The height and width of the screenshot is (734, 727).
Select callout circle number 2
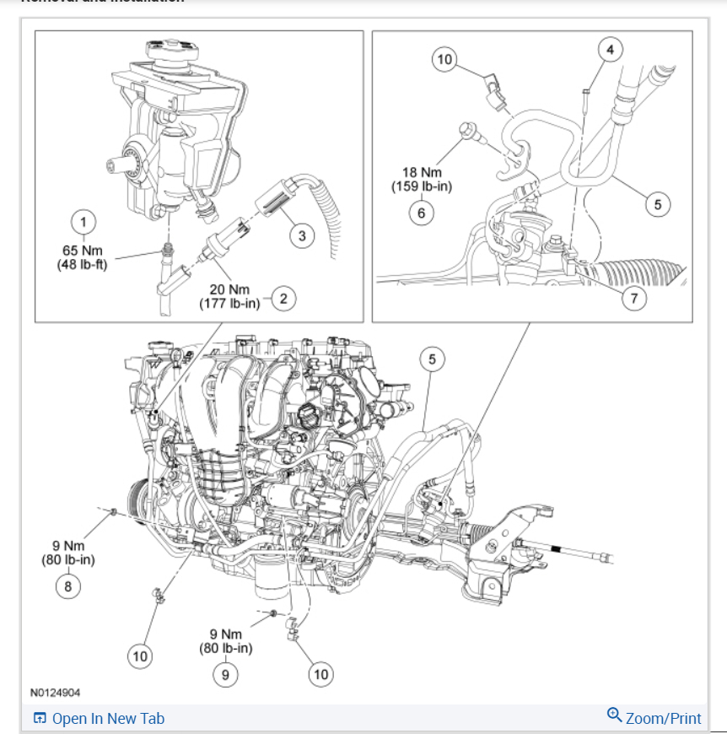(x=284, y=298)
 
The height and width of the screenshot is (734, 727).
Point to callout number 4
(x=611, y=49)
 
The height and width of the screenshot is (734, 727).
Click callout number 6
(x=422, y=213)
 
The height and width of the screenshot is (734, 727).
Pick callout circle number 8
(x=68, y=586)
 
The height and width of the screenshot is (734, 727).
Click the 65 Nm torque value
(x=83, y=250)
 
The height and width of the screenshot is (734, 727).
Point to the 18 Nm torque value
(x=422, y=173)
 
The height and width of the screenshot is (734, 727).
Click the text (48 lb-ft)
(x=83, y=262)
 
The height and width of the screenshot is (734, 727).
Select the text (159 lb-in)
(x=422, y=186)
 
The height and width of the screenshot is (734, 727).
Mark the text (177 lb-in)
(x=229, y=304)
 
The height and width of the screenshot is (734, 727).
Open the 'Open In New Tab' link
(x=107, y=719)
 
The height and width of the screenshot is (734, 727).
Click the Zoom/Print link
(x=663, y=719)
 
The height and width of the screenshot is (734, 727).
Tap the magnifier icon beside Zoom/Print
(x=614, y=716)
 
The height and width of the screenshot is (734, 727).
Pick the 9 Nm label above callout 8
(x=68, y=546)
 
